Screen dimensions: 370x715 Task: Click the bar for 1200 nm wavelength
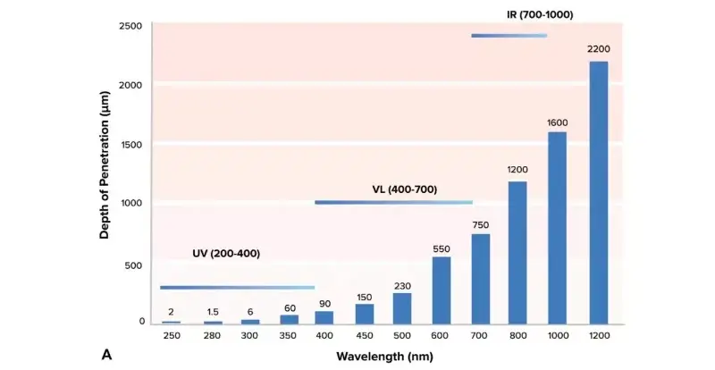(x=599, y=192)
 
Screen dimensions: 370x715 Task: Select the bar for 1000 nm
(x=557, y=228)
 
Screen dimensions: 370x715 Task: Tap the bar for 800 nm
(x=517, y=252)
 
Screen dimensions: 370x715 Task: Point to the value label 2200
(x=599, y=48)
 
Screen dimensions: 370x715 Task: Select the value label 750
(x=480, y=223)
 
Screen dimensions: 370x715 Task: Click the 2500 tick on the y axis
(x=130, y=26)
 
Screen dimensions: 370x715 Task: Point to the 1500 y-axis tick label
(x=130, y=144)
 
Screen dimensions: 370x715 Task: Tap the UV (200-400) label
(x=226, y=253)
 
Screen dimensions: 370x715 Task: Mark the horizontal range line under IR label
(x=509, y=36)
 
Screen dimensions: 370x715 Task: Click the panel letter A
(x=106, y=355)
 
